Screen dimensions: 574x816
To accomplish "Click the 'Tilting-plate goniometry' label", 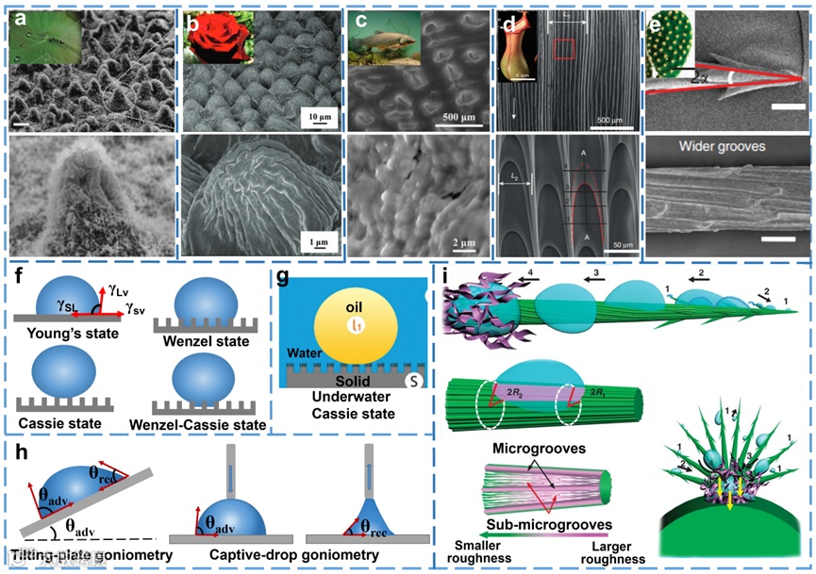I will [x=86, y=555].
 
